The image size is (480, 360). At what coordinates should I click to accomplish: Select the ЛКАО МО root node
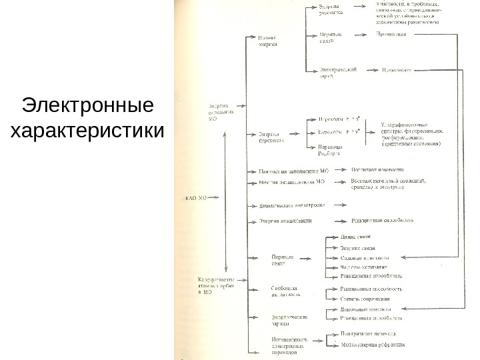[193, 197]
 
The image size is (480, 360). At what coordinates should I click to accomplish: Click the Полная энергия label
[267, 41]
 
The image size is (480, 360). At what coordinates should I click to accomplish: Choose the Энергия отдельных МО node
[221, 111]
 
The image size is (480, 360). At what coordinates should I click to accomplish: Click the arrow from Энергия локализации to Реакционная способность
[337, 220]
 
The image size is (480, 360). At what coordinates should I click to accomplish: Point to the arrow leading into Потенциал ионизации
[339, 170]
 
